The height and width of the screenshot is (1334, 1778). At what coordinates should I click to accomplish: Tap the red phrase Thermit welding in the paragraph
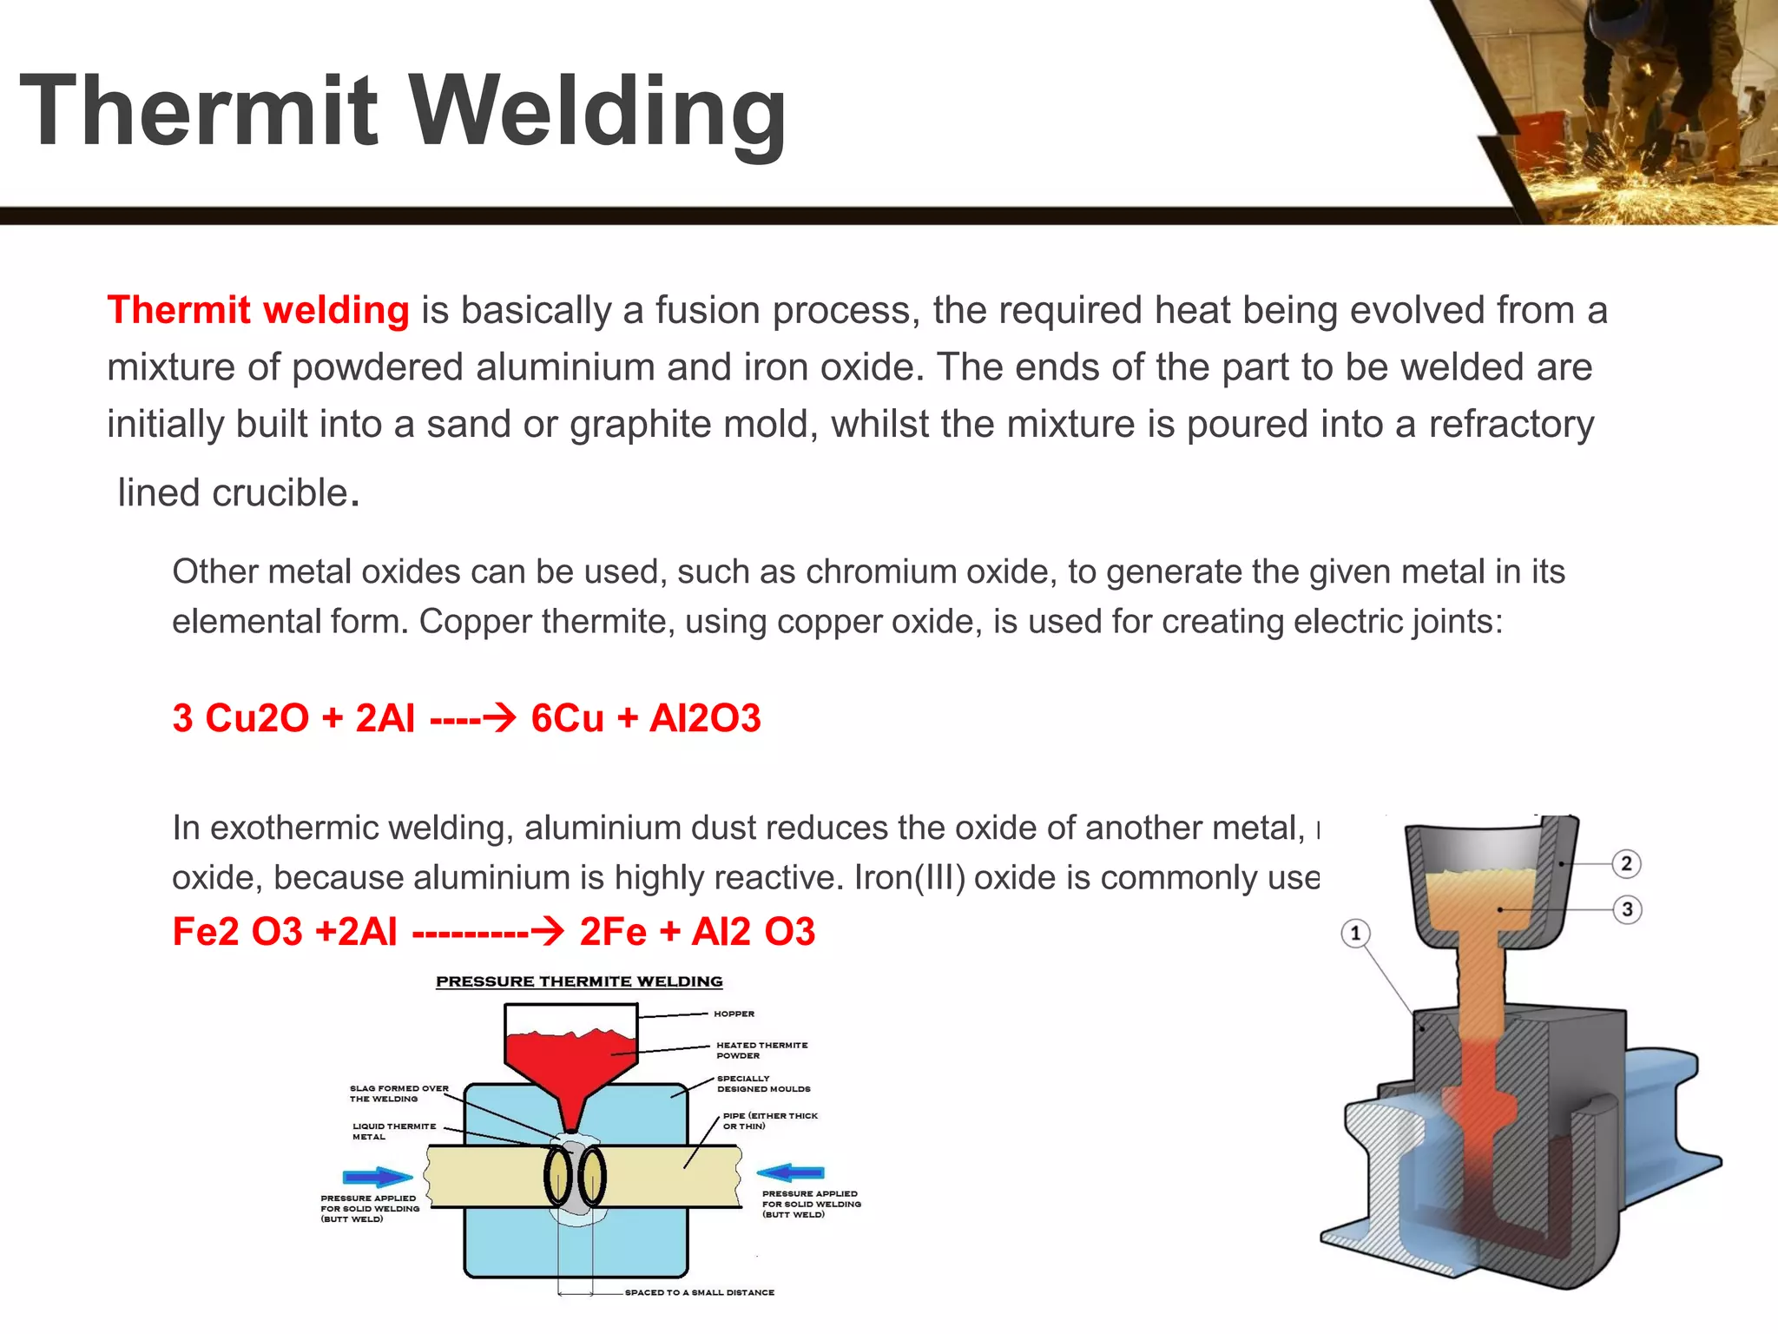(x=258, y=310)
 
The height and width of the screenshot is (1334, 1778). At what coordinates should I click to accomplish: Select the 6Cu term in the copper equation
(x=567, y=718)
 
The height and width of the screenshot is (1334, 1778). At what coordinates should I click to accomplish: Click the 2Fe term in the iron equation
(x=613, y=932)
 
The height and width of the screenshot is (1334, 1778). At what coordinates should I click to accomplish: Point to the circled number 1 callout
(x=1355, y=934)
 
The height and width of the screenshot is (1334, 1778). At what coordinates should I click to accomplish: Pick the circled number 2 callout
(x=1626, y=863)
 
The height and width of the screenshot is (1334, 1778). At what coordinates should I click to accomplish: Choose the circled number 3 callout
(x=1627, y=909)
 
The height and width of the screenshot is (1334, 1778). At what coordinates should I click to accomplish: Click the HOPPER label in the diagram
(x=734, y=1014)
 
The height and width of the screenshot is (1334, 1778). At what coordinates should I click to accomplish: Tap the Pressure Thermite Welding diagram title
(x=579, y=981)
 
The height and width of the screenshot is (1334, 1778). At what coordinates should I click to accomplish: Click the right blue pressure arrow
(x=791, y=1172)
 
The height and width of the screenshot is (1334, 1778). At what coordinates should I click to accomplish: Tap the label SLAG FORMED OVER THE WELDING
(x=398, y=1093)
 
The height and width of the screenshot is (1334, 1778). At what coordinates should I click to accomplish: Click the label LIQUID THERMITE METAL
(x=393, y=1131)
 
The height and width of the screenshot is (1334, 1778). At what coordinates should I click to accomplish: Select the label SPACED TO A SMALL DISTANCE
(x=699, y=1292)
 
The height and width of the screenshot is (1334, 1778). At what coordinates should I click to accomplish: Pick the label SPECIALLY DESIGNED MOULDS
(x=763, y=1083)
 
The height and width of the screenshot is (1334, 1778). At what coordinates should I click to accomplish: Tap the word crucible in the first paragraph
(x=280, y=493)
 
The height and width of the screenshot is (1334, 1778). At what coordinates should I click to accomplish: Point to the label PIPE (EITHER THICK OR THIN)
(x=770, y=1120)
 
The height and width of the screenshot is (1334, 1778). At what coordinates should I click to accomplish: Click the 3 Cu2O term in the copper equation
(x=240, y=718)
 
